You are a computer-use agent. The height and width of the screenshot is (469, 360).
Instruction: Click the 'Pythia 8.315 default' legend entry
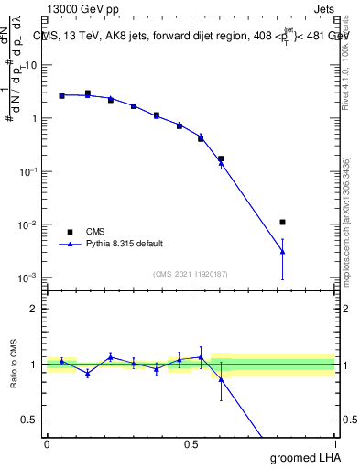[x=125, y=244]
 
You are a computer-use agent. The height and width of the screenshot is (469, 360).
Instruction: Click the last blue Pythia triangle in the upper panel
[x=283, y=252]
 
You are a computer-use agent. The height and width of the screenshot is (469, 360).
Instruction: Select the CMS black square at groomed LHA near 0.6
[x=221, y=158]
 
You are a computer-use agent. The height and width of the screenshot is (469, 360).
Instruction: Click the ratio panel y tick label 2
[x=34, y=309]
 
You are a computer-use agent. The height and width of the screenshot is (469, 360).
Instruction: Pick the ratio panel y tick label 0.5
[x=30, y=420]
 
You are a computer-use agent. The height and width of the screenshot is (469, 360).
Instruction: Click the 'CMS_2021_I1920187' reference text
[x=190, y=274]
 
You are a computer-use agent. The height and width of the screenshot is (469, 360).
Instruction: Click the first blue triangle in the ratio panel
[x=61, y=362]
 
